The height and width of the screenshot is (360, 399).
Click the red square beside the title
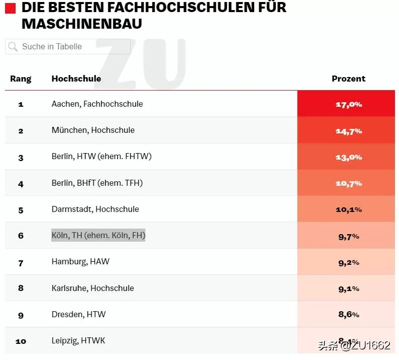(x=10, y=8)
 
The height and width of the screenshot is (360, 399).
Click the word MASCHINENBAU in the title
(x=82, y=23)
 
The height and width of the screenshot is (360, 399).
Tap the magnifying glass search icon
(x=13, y=47)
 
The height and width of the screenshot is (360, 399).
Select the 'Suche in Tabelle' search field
(x=68, y=47)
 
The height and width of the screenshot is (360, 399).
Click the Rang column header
(x=21, y=79)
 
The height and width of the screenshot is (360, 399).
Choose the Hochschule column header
(x=76, y=79)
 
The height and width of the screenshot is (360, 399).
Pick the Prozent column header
(x=348, y=79)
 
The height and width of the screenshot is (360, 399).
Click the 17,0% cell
(x=348, y=104)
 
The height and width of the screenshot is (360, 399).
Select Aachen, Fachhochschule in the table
(x=97, y=104)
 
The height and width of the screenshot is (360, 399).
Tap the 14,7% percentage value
(x=348, y=131)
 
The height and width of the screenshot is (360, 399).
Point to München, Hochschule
(x=93, y=130)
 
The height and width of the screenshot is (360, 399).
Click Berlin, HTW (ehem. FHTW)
(x=101, y=156)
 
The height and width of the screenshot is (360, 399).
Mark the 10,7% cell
(x=348, y=183)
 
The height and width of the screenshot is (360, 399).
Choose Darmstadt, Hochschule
(x=95, y=209)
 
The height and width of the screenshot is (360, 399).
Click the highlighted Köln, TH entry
(x=98, y=235)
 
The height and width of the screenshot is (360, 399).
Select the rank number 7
(x=21, y=263)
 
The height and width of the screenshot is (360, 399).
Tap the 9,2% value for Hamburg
(x=348, y=262)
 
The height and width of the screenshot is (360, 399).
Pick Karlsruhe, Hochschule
(x=93, y=288)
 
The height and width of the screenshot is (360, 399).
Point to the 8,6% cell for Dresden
(x=348, y=315)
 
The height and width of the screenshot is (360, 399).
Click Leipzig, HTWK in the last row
(x=78, y=340)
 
